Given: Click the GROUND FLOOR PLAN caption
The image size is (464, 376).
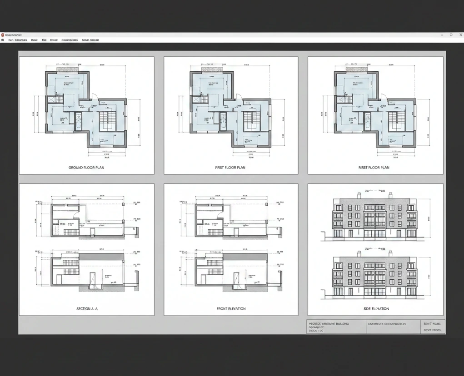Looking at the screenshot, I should click(86, 168).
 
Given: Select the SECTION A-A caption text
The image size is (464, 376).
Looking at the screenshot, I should click(87, 309).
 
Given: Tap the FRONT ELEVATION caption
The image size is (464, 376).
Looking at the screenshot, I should click(231, 309).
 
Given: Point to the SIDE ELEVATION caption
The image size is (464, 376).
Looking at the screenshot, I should click(376, 309).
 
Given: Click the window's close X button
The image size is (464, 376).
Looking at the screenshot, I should click(460, 35).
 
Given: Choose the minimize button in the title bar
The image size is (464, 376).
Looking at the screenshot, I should click(442, 35).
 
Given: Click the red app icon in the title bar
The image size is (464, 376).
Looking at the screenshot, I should click(2, 35).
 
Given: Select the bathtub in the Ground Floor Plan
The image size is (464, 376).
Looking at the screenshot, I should click(78, 121).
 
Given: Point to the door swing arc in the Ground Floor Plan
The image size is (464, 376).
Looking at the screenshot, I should click(94, 97).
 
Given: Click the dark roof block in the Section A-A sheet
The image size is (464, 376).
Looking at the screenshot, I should click(101, 257).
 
